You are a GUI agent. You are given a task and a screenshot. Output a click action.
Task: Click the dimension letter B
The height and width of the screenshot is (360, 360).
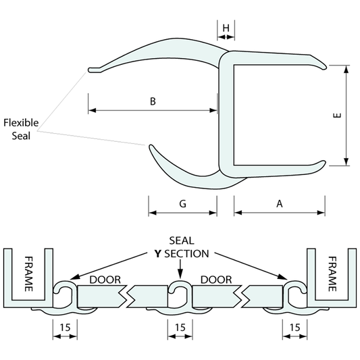(153, 102)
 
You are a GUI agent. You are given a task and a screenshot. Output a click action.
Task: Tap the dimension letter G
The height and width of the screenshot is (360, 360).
(182, 203)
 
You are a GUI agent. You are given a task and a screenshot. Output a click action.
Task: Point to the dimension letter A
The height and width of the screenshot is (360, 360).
(279, 203)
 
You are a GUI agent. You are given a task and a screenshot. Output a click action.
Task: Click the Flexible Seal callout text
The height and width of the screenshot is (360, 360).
(22, 128)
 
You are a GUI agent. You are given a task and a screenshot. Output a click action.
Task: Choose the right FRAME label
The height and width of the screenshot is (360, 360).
(332, 274)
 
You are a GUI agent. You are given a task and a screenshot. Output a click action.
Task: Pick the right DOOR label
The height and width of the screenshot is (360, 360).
(216, 280)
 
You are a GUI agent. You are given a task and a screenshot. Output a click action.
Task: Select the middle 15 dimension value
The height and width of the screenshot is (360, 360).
(180, 326)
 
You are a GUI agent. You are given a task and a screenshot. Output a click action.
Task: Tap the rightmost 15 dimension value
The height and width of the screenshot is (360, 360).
(294, 326)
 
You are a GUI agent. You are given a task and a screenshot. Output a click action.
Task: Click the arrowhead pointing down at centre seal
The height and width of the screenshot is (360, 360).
(180, 273)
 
